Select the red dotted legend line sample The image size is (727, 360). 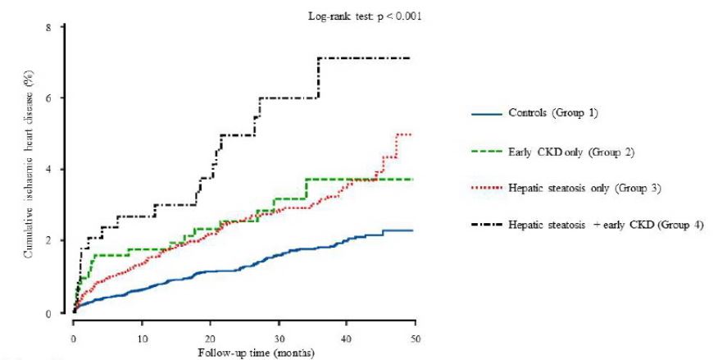click(x=485, y=189)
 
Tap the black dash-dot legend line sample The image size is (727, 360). click(x=485, y=226)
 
